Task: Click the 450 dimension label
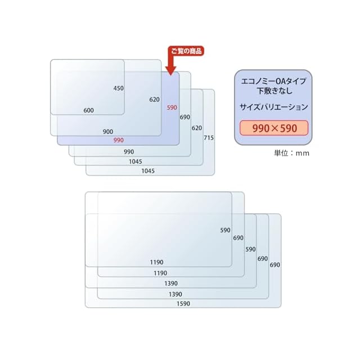coord(118,88)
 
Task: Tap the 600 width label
coord(88,110)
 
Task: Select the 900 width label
coord(108,132)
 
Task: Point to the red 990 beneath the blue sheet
coord(118,140)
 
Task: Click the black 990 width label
coord(129,152)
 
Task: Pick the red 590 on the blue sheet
coord(172,107)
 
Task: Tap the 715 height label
coord(209,138)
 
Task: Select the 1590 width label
coord(183,304)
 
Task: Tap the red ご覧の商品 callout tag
coord(186,51)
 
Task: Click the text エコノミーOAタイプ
coord(273,81)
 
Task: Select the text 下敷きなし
coord(273,91)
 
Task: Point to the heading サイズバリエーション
coord(273,106)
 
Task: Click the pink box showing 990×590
coord(274,128)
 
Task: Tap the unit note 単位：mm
coord(291,152)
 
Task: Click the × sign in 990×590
coord(274,128)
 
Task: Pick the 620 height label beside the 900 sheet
coord(155,100)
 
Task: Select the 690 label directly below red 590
coord(184,118)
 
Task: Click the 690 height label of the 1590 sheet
coord(275,265)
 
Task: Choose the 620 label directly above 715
coord(196,128)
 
